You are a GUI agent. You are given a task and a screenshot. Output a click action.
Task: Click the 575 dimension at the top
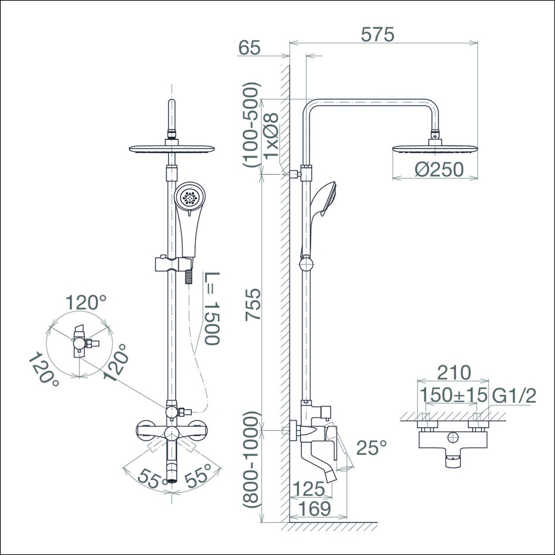pos(377,35)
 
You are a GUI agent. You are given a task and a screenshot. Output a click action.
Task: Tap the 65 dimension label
pos(249,48)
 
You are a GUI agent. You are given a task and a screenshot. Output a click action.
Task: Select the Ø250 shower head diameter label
pos(439,170)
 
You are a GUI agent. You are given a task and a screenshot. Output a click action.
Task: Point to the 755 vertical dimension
pos(254,305)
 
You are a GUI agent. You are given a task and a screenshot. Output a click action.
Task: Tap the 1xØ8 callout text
pos(272,136)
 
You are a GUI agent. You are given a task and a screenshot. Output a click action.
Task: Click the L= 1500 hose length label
pos(212,308)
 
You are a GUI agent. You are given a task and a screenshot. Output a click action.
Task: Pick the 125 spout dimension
pos(308,489)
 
